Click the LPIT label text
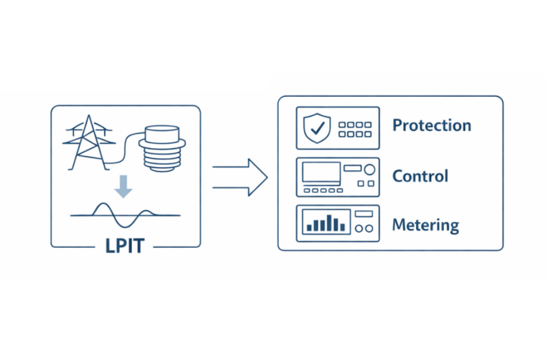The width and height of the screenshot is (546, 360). click(125, 246)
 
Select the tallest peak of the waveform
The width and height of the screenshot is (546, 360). click(102, 205)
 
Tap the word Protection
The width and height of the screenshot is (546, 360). click(431, 126)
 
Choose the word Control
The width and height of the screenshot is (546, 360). click(420, 176)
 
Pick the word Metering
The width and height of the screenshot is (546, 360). click(425, 225)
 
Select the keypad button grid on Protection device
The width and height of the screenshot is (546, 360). click(354, 129)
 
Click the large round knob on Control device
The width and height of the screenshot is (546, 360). click(369, 169)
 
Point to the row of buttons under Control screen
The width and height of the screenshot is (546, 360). click(323, 190)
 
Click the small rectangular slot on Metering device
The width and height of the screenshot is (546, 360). click(364, 214)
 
